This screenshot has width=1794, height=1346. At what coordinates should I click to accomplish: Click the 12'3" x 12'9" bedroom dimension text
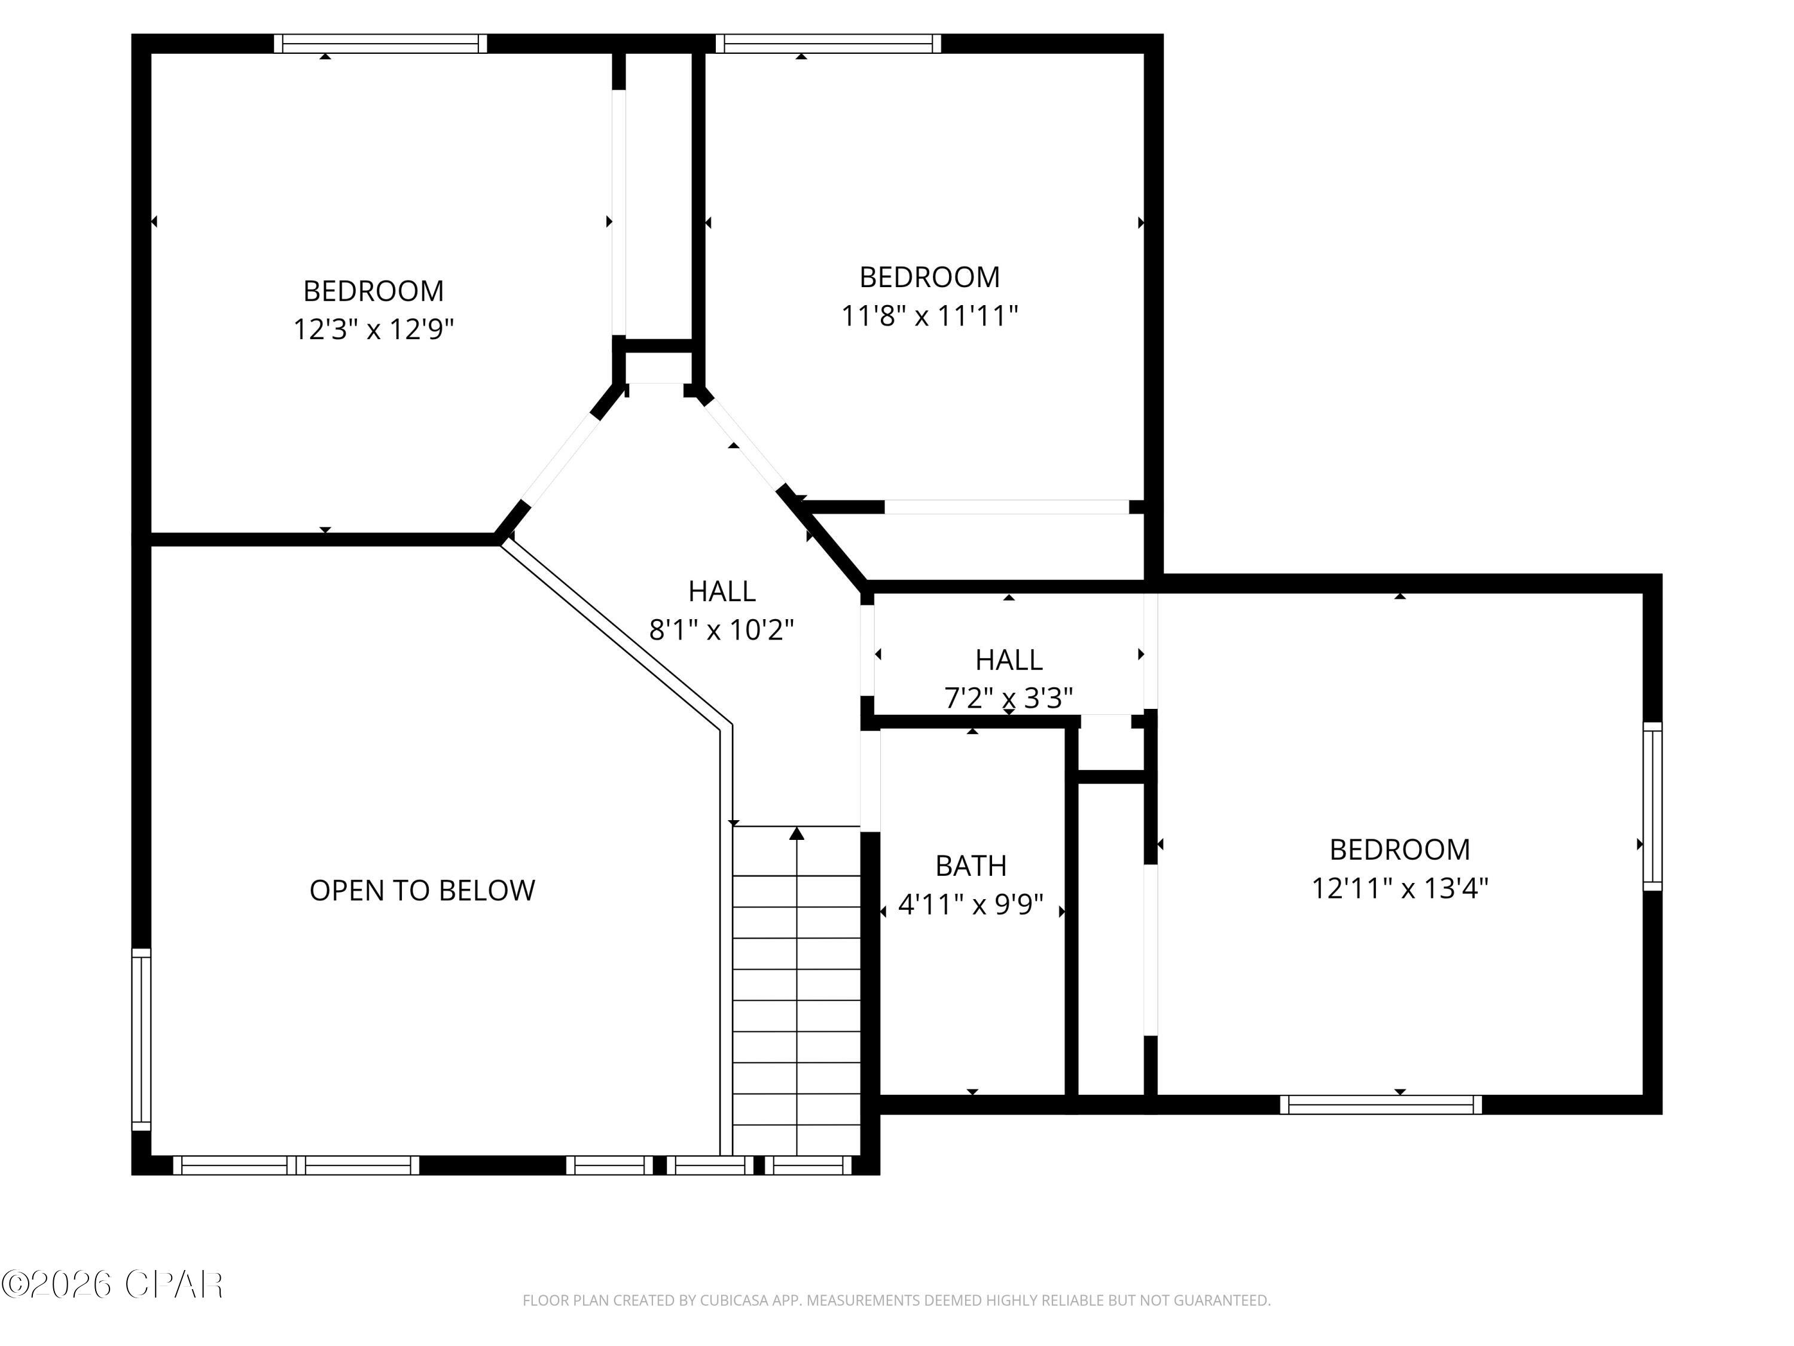point(373,330)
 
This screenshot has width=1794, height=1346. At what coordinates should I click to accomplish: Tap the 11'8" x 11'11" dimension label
point(929,316)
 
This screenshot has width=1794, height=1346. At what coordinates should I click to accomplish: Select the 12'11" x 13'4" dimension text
point(1400,888)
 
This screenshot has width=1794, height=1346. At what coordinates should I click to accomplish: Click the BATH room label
point(971,866)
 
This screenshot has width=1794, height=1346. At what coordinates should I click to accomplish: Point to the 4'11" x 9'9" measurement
point(971,905)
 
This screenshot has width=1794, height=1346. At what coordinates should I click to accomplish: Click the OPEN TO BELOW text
point(422,891)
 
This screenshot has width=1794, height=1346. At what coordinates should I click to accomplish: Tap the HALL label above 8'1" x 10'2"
point(722,592)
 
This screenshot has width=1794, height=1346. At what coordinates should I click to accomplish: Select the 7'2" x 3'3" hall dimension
point(1008,698)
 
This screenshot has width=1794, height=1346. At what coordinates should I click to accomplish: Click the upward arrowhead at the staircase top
point(797,833)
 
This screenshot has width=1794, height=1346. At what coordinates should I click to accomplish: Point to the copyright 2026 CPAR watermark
point(112,1284)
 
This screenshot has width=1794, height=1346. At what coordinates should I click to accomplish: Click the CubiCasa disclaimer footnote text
point(896,1301)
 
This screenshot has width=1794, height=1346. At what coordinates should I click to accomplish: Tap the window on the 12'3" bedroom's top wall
point(380,43)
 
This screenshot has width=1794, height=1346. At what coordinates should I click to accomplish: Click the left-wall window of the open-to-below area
point(141,1039)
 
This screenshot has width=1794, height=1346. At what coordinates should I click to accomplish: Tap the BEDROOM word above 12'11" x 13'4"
point(1400,849)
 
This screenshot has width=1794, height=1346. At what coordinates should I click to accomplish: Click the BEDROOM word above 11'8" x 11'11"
point(929,278)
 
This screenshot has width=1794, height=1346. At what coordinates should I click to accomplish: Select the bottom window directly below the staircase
point(808,1165)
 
